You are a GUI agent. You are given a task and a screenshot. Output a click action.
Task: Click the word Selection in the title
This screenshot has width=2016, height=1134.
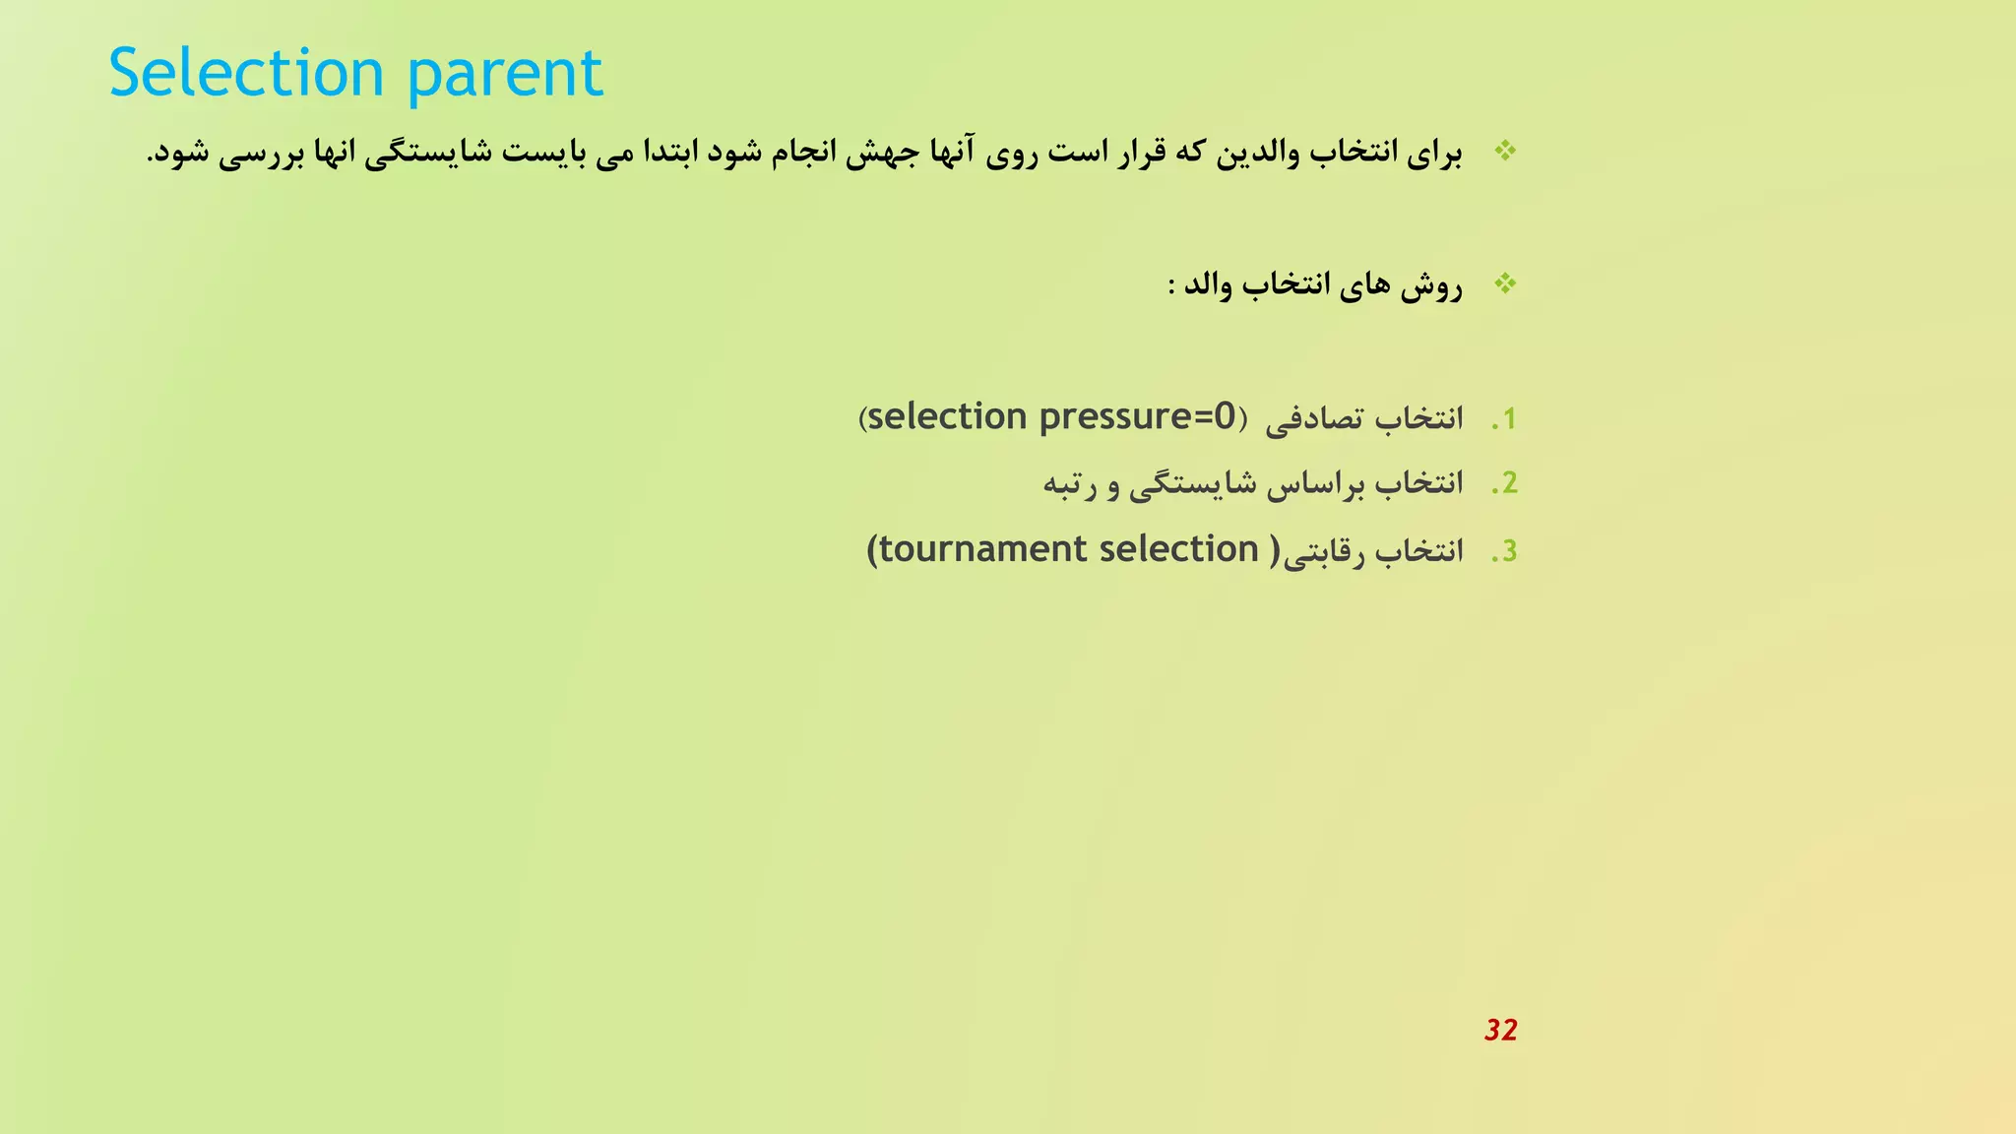tap(245, 73)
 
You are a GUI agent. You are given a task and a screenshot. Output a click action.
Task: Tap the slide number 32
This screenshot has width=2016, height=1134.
tap(1500, 1030)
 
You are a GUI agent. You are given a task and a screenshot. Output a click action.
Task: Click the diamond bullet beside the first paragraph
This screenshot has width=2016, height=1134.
tap(1505, 151)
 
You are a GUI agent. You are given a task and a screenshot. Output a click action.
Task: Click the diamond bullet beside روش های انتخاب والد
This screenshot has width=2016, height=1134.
tap(1505, 284)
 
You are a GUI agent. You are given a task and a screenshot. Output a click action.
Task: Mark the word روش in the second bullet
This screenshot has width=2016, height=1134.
tap(1431, 286)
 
